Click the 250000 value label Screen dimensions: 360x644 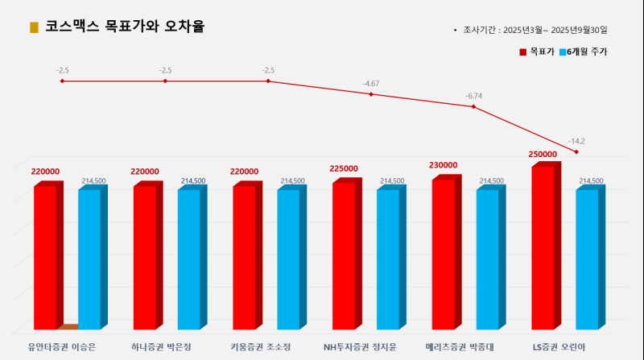[x=543, y=154]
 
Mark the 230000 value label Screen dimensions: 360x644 [x=444, y=165]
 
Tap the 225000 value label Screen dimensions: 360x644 [x=344, y=168]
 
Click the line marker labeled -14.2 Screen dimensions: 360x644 [x=576, y=151]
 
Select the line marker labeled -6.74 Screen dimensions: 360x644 [x=473, y=106]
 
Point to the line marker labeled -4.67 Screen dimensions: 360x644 [x=371, y=94]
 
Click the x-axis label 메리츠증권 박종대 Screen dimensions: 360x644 [x=459, y=347]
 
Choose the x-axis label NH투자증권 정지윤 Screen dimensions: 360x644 [x=360, y=347]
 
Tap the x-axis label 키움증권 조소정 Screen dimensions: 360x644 [x=260, y=347]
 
